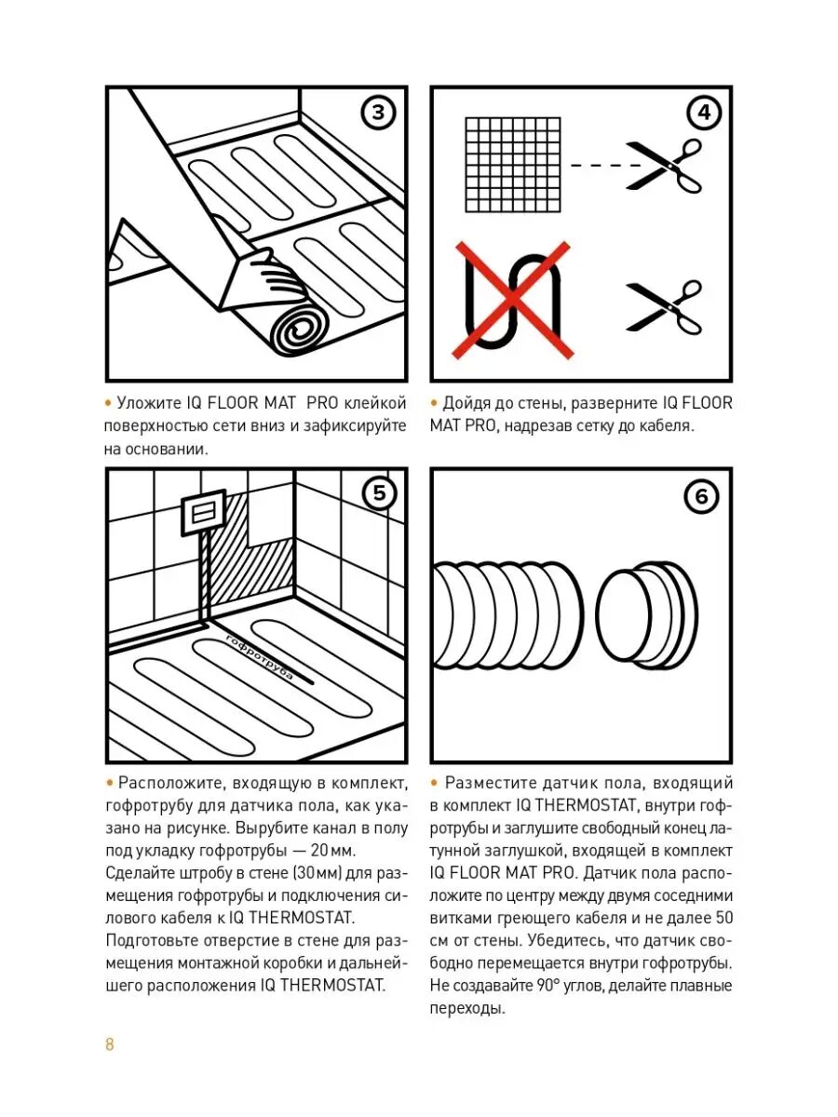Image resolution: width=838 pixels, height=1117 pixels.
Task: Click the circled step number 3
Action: pyautogui.click(x=378, y=114)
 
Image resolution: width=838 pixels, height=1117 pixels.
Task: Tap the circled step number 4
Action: pyautogui.click(x=703, y=114)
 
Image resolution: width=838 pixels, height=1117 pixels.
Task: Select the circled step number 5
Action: pyautogui.click(x=378, y=493)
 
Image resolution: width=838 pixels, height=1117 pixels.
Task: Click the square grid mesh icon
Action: pyautogui.click(x=513, y=165)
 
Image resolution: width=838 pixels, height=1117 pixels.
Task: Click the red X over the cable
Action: pyautogui.click(x=512, y=300)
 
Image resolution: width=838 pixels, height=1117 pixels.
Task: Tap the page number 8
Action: pyautogui.click(x=110, y=1043)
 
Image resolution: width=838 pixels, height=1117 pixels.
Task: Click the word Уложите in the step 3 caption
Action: pyautogui.click(x=145, y=403)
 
